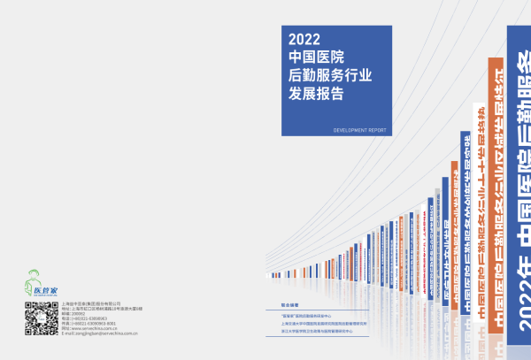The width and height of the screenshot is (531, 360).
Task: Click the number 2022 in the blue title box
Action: (304, 39)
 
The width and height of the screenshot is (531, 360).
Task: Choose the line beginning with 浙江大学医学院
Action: (310, 333)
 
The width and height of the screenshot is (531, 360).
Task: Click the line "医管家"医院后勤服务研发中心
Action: (301, 316)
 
